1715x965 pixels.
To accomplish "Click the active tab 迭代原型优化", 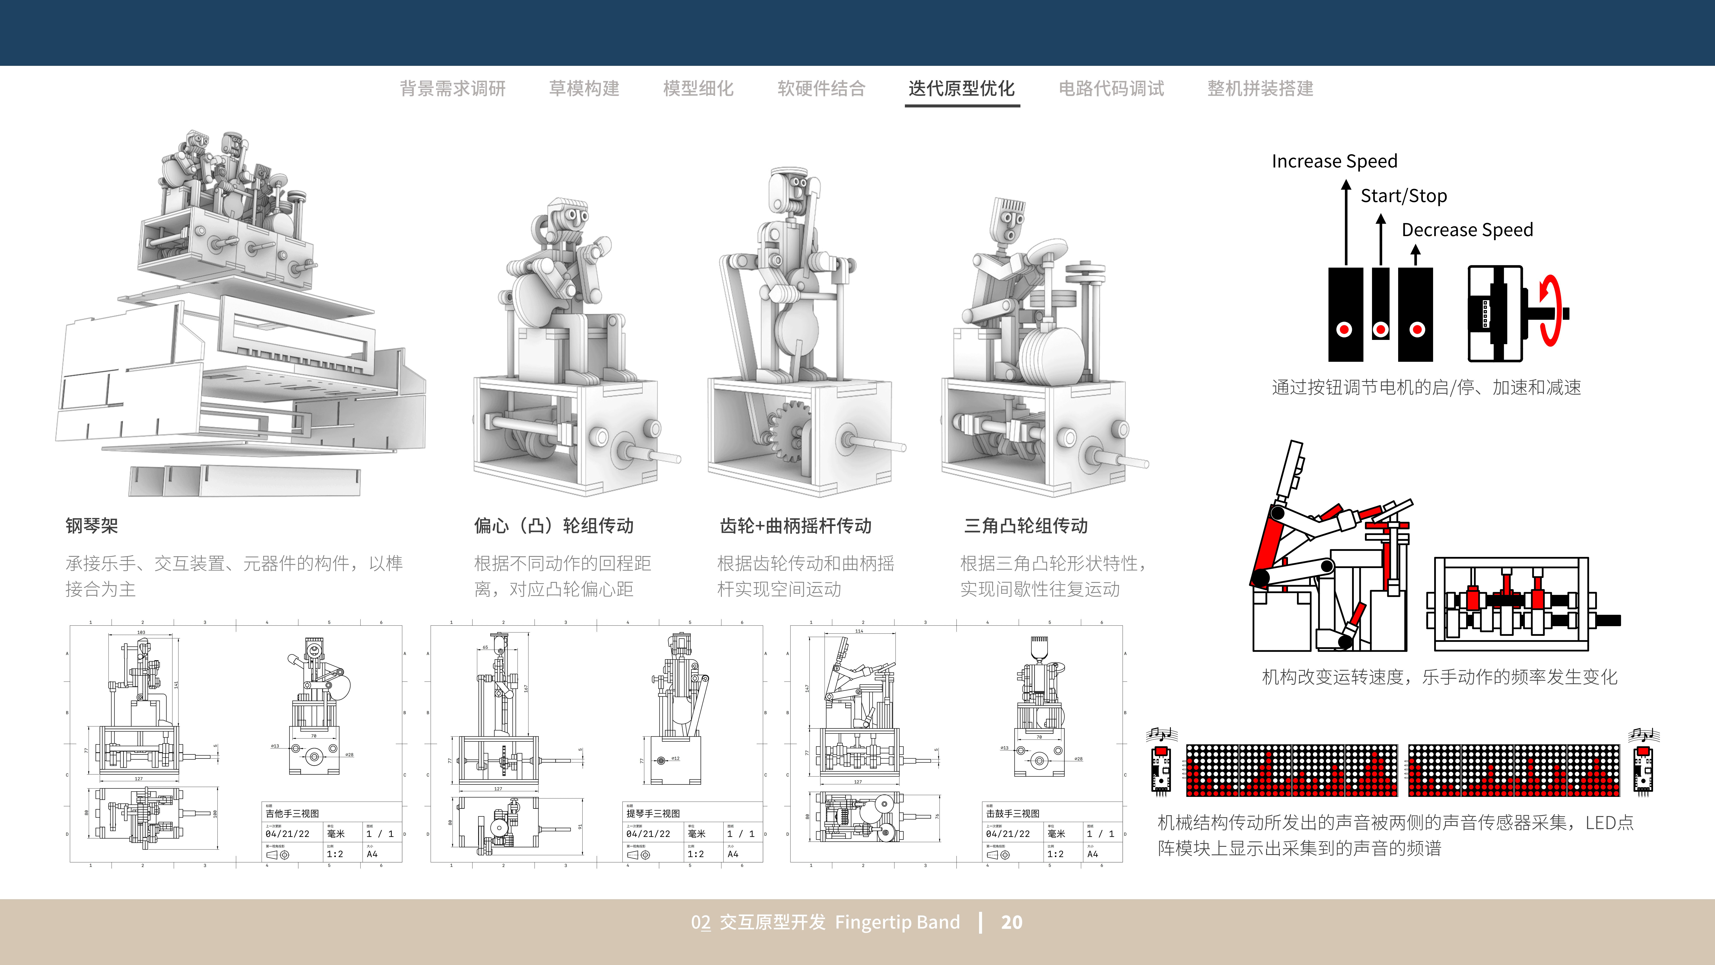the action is (961, 89).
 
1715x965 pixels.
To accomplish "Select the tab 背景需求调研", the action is (453, 89).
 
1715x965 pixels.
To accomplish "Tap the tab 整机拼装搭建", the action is (1260, 89).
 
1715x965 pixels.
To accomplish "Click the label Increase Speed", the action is (1334, 161).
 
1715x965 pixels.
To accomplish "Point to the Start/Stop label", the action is (1404, 196).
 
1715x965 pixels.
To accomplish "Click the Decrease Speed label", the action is (1467, 230).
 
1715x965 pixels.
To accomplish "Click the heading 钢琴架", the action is (92, 526).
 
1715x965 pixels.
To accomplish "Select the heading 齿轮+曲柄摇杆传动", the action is (796, 526).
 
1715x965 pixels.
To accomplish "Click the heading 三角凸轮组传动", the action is (1026, 526).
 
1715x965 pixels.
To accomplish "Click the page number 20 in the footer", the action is (1011, 922).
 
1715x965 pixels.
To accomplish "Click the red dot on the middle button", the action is (1381, 329).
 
